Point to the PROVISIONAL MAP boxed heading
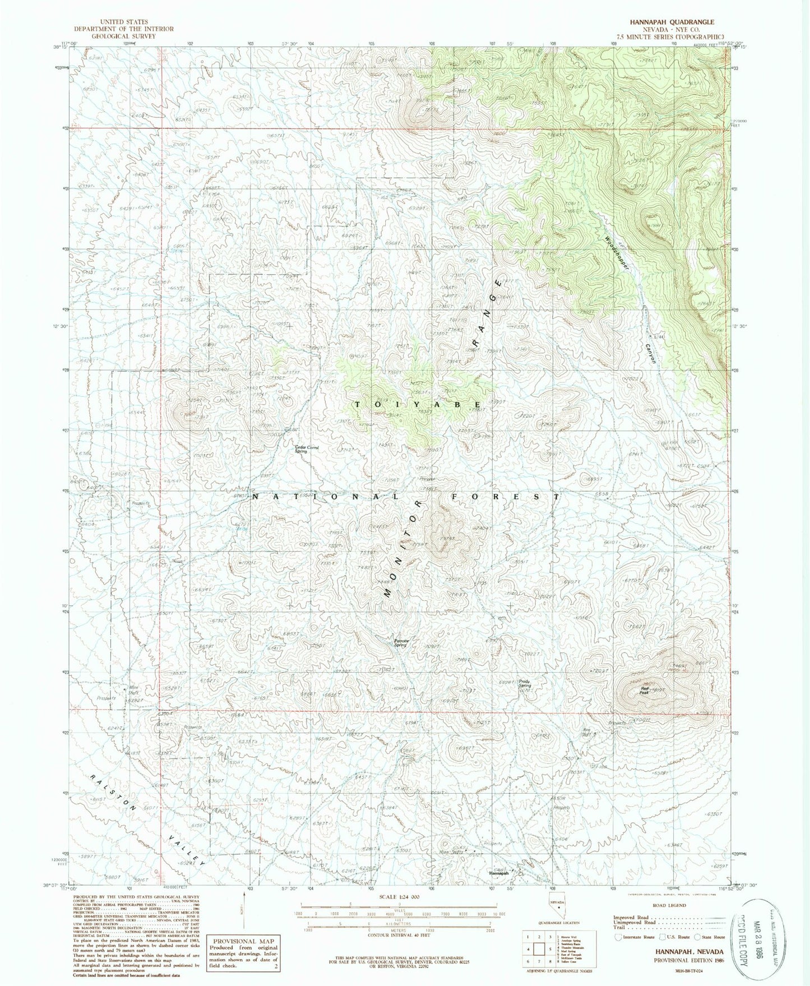(243, 941)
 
